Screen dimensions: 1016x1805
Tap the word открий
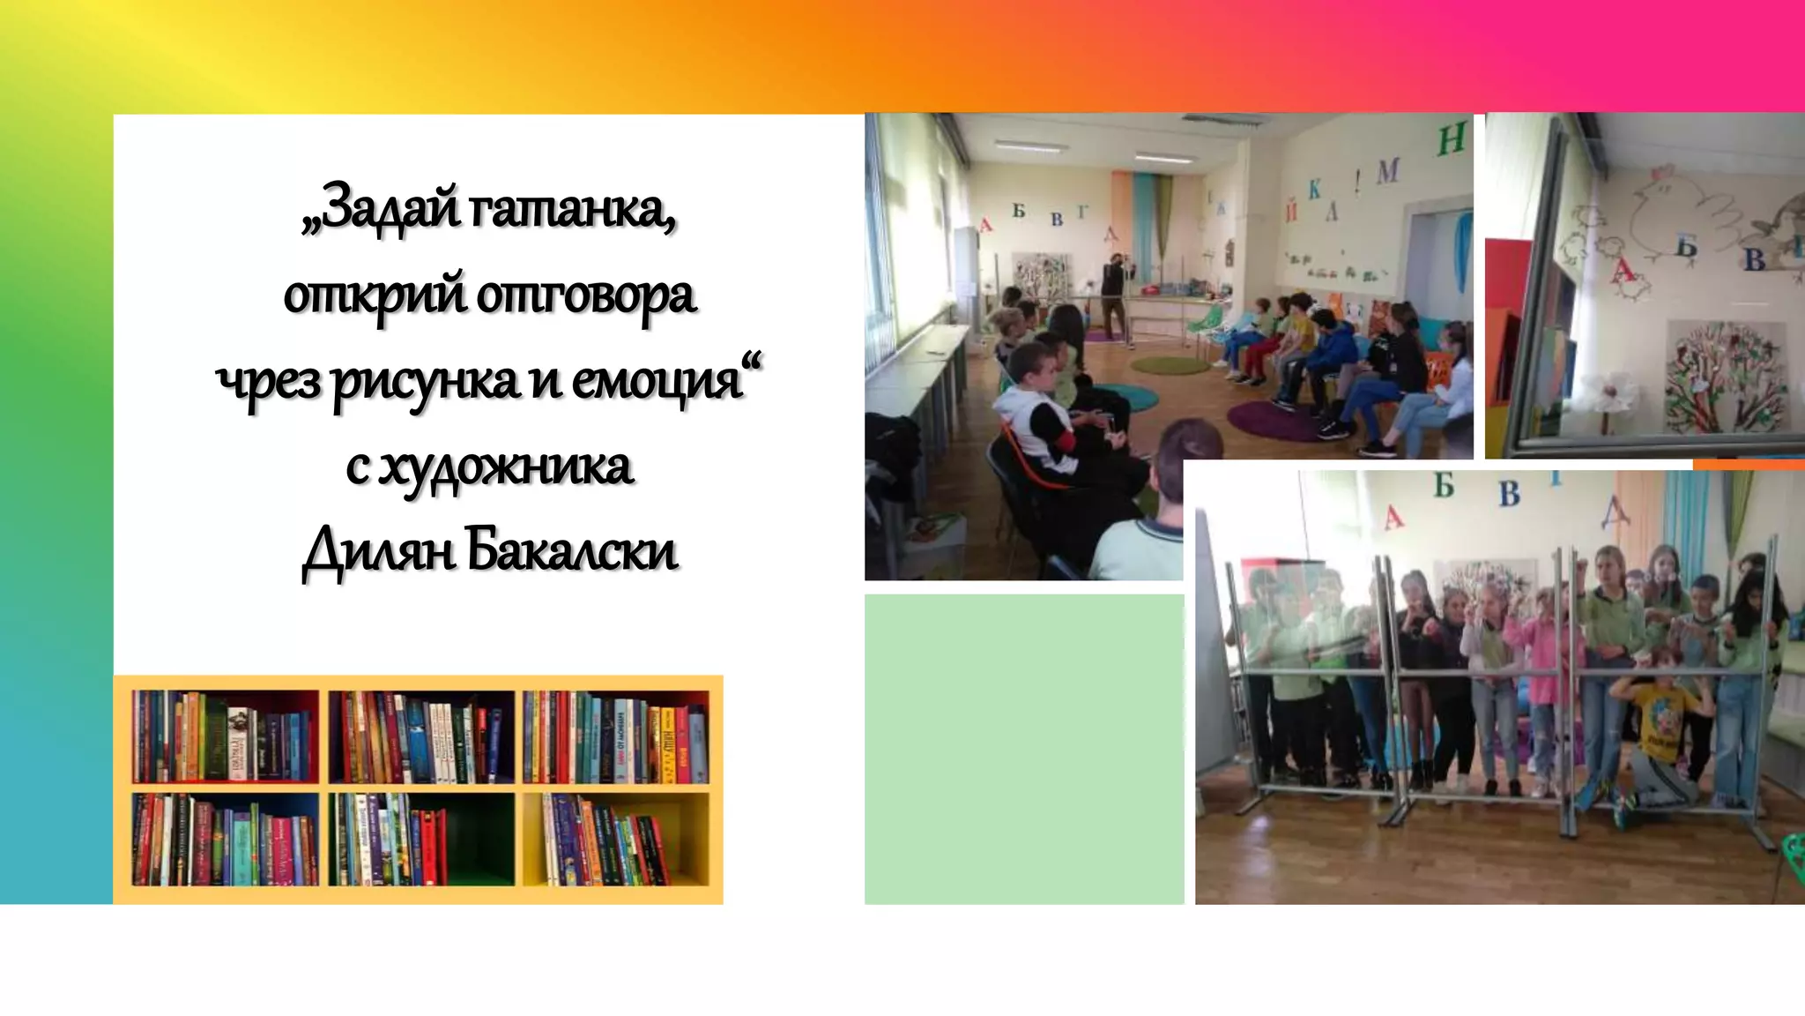point(374,295)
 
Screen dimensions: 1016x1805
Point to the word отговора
point(586,295)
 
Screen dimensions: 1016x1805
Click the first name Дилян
point(379,551)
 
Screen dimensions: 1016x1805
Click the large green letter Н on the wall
point(1452,139)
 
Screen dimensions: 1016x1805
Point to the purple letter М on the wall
point(1388,171)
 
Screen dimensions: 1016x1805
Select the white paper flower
point(1611,391)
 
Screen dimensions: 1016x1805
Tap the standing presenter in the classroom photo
point(1115,295)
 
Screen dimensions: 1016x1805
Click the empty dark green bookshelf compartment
point(480,838)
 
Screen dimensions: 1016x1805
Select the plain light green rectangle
point(1024,749)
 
